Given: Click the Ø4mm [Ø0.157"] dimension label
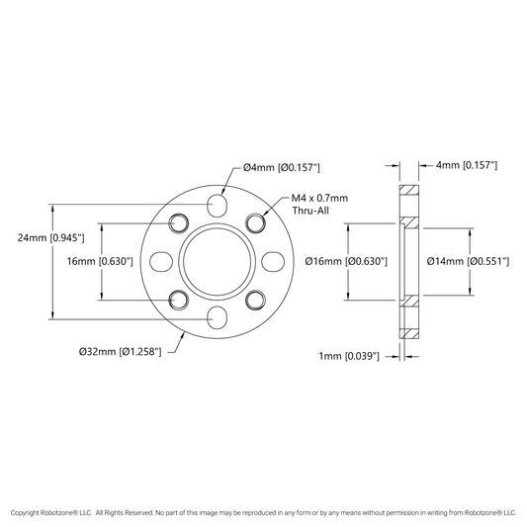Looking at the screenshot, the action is (x=282, y=167).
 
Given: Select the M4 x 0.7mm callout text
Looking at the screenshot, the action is (x=319, y=198).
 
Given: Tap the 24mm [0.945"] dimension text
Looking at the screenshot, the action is (x=50, y=238).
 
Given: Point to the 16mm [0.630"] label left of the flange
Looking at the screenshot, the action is (x=100, y=261).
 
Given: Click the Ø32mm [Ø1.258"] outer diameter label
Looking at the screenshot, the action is (x=121, y=352).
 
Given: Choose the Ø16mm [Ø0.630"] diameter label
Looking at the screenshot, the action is (x=346, y=261).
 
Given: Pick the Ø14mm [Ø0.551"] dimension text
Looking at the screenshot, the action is (x=468, y=261).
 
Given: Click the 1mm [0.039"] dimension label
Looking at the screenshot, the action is (x=349, y=356).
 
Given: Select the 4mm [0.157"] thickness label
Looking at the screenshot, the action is (x=467, y=165).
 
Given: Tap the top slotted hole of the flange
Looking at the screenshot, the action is (x=218, y=205).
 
